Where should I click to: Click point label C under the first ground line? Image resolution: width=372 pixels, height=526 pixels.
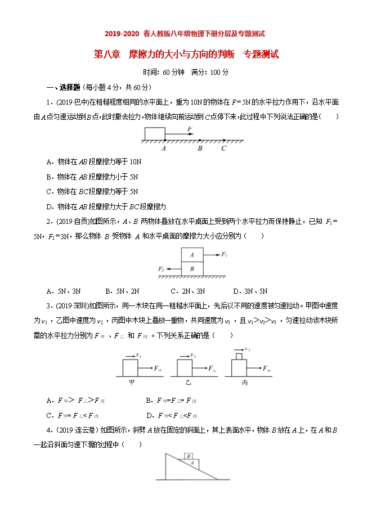[223, 149]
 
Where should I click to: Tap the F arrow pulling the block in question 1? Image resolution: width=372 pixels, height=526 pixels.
[181, 134]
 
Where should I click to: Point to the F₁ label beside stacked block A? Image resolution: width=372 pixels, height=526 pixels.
[224, 255]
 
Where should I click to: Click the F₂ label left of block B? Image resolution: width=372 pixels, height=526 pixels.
[162, 269]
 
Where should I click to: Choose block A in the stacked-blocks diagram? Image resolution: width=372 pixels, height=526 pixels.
[192, 255]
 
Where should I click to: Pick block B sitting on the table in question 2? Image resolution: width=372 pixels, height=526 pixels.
[192, 269]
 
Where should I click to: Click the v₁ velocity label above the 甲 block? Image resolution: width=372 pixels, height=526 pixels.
[138, 355]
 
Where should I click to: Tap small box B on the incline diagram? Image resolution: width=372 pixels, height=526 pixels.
[189, 456]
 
